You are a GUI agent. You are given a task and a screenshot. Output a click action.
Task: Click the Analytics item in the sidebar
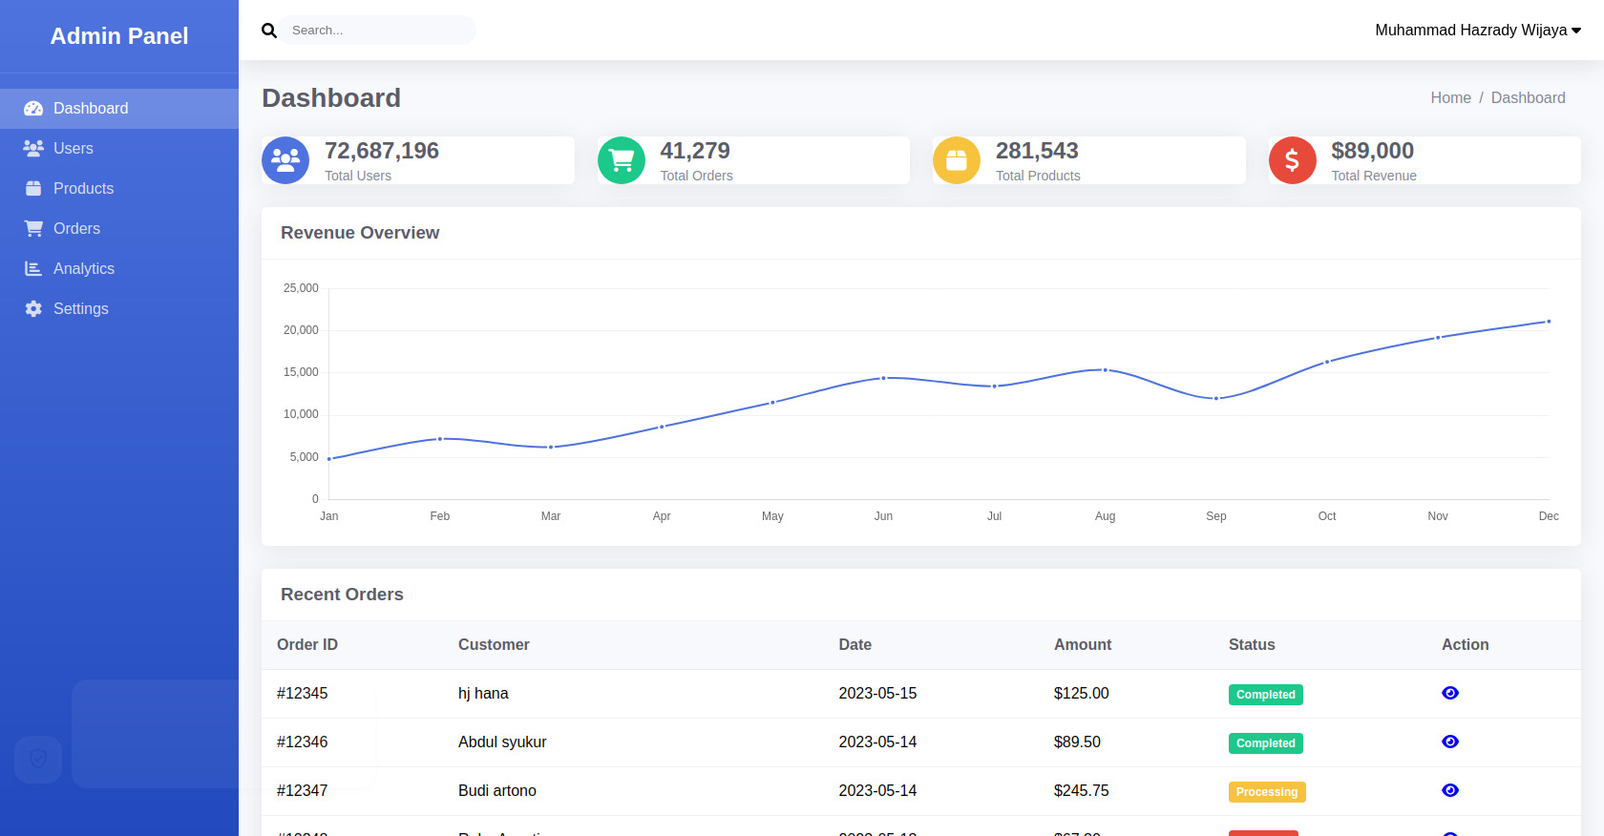click(83, 269)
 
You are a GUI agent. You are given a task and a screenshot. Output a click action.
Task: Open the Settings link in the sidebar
click(80, 309)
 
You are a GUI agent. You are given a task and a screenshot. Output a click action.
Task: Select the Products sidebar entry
click(83, 189)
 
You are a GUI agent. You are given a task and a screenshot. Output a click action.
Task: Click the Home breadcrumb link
click(1450, 98)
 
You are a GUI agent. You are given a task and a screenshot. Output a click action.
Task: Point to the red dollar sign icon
click(1292, 160)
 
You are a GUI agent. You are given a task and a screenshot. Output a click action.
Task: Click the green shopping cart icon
click(622, 160)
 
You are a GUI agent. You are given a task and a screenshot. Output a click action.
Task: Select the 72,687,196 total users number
click(382, 151)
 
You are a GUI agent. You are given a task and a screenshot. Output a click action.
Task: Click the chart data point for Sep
click(1215, 398)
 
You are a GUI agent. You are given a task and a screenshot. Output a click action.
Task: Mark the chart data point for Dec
click(1548, 322)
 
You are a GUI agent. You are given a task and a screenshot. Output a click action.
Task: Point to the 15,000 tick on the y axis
click(301, 372)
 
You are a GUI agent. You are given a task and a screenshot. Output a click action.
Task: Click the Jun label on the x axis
click(883, 516)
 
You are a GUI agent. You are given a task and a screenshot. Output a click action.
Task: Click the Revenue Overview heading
click(360, 233)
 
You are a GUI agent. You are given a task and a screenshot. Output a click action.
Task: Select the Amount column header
click(1082, 645)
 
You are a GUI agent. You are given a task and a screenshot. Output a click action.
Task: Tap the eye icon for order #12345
click(1449, 693)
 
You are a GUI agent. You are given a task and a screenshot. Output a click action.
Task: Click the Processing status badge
click(1266, 792)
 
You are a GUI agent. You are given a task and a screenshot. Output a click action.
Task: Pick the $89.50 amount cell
click(1077, 742)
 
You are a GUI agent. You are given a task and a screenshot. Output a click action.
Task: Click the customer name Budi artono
click(496, 791)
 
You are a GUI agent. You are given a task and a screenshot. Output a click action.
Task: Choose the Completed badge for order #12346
click(1265, 743)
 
